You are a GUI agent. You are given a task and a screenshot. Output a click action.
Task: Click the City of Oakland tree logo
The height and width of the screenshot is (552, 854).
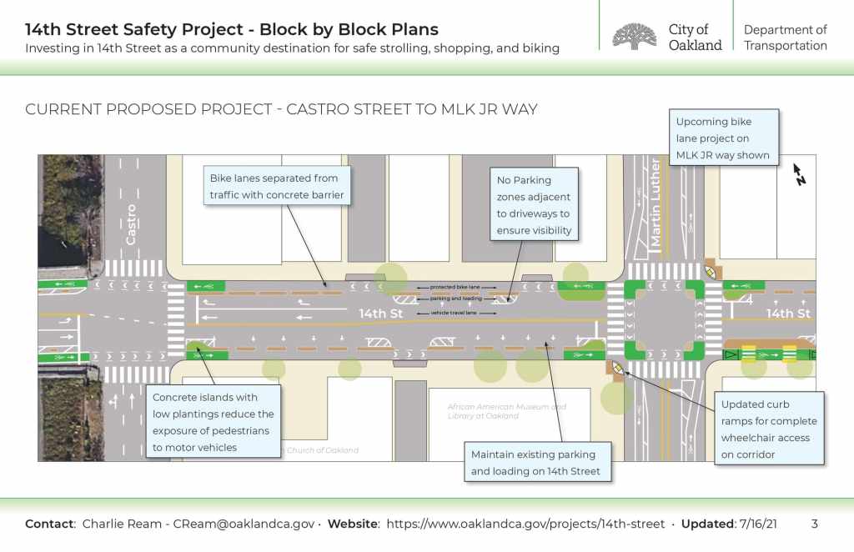coord(635,37)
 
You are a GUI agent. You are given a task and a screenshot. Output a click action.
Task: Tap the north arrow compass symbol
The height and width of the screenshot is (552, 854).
coord(799,174)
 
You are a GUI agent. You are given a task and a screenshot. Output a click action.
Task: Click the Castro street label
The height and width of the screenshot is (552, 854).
coord(131,224)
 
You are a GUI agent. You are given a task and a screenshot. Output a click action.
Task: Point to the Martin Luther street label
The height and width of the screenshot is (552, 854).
coord(656,203)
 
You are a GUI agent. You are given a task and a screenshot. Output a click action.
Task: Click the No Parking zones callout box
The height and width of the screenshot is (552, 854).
coord(534,204)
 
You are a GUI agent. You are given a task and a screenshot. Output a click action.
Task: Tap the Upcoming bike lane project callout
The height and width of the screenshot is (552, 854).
coord(723,138)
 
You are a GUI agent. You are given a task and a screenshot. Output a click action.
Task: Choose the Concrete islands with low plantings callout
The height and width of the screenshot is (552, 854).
coord(213,422)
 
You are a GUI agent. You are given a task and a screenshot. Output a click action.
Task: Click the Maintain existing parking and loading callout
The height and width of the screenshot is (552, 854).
coord(533,463)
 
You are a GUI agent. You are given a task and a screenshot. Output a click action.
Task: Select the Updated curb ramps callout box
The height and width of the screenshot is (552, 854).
coord(769,429)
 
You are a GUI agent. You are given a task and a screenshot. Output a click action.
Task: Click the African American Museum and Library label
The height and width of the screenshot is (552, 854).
coord(506,411)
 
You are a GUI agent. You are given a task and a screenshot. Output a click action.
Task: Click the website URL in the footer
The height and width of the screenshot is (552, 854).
coord(525,524)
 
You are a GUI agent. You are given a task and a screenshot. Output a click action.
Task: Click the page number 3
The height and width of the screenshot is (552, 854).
coord(815,524)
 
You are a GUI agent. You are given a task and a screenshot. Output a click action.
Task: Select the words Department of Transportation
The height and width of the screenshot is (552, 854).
coord(785,38)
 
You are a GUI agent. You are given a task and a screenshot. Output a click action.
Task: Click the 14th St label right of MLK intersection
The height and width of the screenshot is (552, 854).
coord(788,314)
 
